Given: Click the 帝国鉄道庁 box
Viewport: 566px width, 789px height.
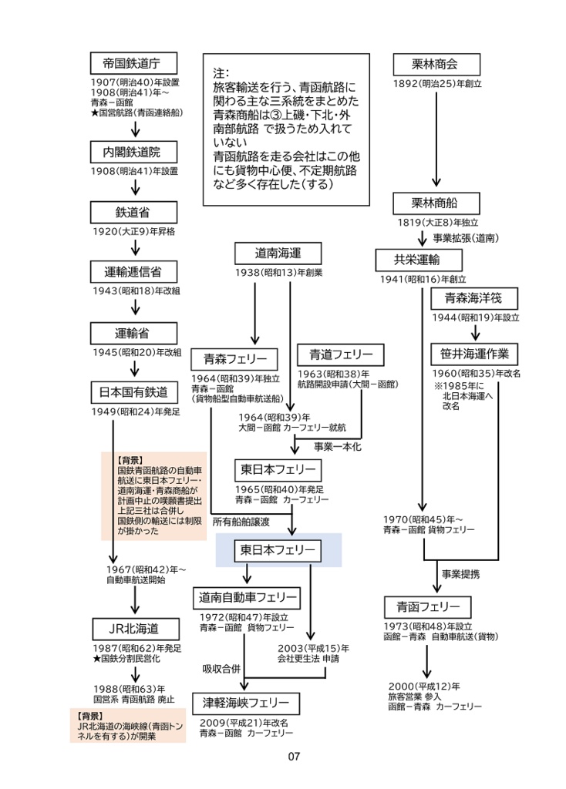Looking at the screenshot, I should tap(135, 63).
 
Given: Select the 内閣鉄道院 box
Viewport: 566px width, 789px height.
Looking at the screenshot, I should tap(135, 151).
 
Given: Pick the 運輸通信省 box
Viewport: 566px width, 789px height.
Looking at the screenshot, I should tap(135, 272).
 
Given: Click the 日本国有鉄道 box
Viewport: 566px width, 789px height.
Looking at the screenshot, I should tap(135, 392).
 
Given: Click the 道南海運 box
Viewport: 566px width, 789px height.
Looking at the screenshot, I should tap(278, 253).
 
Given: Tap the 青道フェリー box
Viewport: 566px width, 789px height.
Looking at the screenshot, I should tap(340, 355).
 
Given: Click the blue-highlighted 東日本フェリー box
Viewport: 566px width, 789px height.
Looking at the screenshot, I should tap(278, 550).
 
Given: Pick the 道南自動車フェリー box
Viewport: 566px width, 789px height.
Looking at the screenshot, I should tap(247, 597).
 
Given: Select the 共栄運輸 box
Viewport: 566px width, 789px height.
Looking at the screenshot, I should tap(418, 260).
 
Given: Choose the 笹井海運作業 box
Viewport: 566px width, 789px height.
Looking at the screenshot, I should tap(473, 354).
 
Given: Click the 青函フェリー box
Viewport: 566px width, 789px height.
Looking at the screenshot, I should tap(423, 605).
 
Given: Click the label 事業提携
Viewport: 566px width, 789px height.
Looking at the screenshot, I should tap(461, 573).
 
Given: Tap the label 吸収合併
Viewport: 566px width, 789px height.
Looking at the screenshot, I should tap(222, 667).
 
